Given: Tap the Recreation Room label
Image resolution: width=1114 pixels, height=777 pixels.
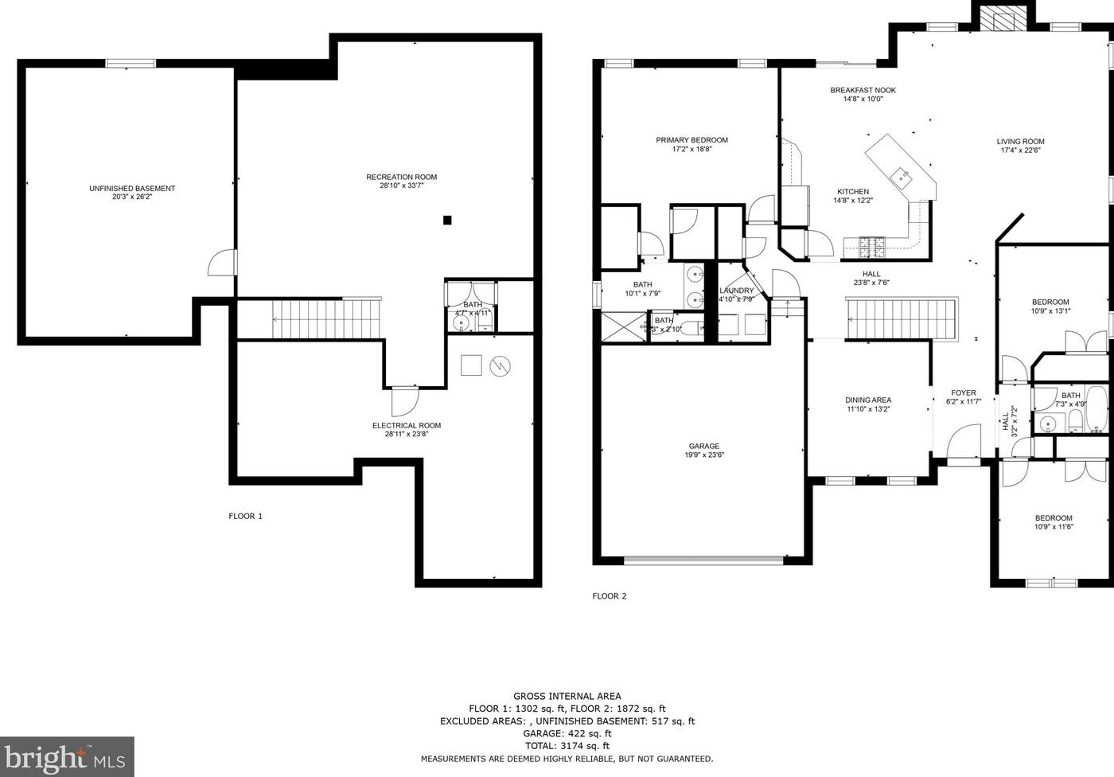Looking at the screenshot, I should pyautogui.click(x=401, y=177).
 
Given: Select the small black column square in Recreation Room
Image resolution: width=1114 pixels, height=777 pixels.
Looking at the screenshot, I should pyautogui.click(x=447, y=220).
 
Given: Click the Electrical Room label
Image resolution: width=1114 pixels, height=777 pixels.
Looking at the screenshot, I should pyautogui.click(x=407, y=425).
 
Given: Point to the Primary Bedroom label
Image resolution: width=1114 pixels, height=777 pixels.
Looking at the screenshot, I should pyautogui.click(x=691, y=140).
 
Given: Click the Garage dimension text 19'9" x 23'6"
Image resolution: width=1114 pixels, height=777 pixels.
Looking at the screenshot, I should pyautogui.click(x=704, y=455).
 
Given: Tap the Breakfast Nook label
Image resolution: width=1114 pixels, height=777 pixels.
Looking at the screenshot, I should pyautogui.click(x=863, y=90).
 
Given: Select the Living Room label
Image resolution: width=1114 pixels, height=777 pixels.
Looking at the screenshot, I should pyautogui.click(x=1020, y=142).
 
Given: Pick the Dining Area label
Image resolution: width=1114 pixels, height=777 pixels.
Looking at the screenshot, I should pyautogui.click(x=868, y=400).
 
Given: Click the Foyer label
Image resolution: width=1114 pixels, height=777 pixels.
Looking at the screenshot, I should pyautogui.click(x=964, y=393).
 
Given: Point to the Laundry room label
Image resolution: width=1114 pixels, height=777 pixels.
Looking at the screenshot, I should pyautogui.click(x=737, y=291).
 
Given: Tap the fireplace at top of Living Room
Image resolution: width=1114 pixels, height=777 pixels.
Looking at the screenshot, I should pyautogui.click(x=1002, y=18).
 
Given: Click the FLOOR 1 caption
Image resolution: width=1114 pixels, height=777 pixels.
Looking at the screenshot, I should pyautogui.click(x=245, y=516).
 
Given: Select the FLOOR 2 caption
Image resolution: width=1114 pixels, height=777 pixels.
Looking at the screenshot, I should pyautogui.click(x=610, y=595).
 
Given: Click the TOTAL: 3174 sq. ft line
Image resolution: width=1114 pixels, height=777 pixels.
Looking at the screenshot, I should pyautogui.click(x=567, y=746).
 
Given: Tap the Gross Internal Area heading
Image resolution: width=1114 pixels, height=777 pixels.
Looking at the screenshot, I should pyautogui.click(x=567, y=696).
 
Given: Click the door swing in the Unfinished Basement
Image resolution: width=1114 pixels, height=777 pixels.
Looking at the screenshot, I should pyautogui.click(x=222, y=263).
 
